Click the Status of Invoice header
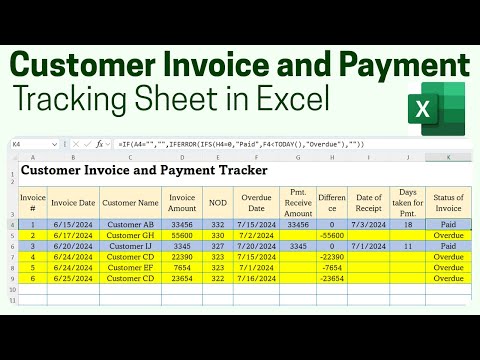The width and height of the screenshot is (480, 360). (x=448, y=201)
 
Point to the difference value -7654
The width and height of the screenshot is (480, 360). (x=331, y=268)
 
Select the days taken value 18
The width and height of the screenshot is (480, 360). (x=407, y=223)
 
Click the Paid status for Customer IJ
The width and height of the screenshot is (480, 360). (x=448, y=245)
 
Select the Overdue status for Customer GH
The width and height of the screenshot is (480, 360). (x=448, y=234)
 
